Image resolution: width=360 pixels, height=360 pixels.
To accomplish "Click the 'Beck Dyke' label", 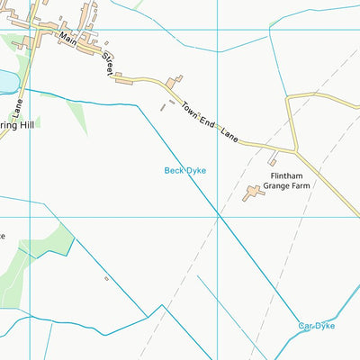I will pyautogui.click(x=185, y=169).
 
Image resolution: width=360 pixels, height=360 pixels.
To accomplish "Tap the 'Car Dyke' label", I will pyautogui.click(x=317, y=326).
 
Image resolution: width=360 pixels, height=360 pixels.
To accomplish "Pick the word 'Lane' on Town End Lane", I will pyautogui.click(x=230, y=136).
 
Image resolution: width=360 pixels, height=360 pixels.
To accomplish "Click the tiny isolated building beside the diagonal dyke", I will pyautogui.click(x=105, y=278).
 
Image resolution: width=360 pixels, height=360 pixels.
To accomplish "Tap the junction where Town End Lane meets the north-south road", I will pyautogui.click(x=295, y=148).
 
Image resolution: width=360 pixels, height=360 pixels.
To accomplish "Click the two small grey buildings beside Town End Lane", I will pyautogui.click(x=163, y=107).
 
